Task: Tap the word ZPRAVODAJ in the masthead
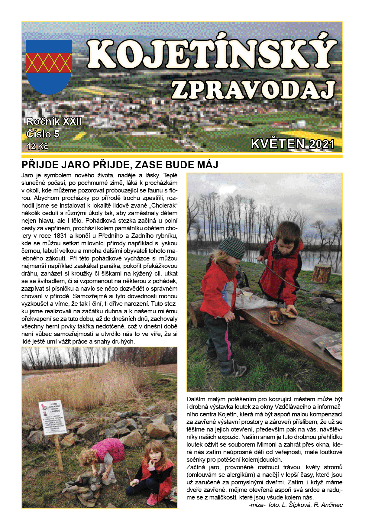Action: click(253, 90)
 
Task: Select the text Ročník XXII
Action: click(54, 121)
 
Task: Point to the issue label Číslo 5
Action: click(43, 134)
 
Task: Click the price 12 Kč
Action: click(37, 147)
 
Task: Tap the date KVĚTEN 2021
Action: click(292, 144)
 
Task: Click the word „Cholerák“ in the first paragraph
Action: click(161, 205)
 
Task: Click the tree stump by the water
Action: click(322, 273)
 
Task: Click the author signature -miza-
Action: click(257, 505)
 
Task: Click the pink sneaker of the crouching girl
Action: click(152, 499)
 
